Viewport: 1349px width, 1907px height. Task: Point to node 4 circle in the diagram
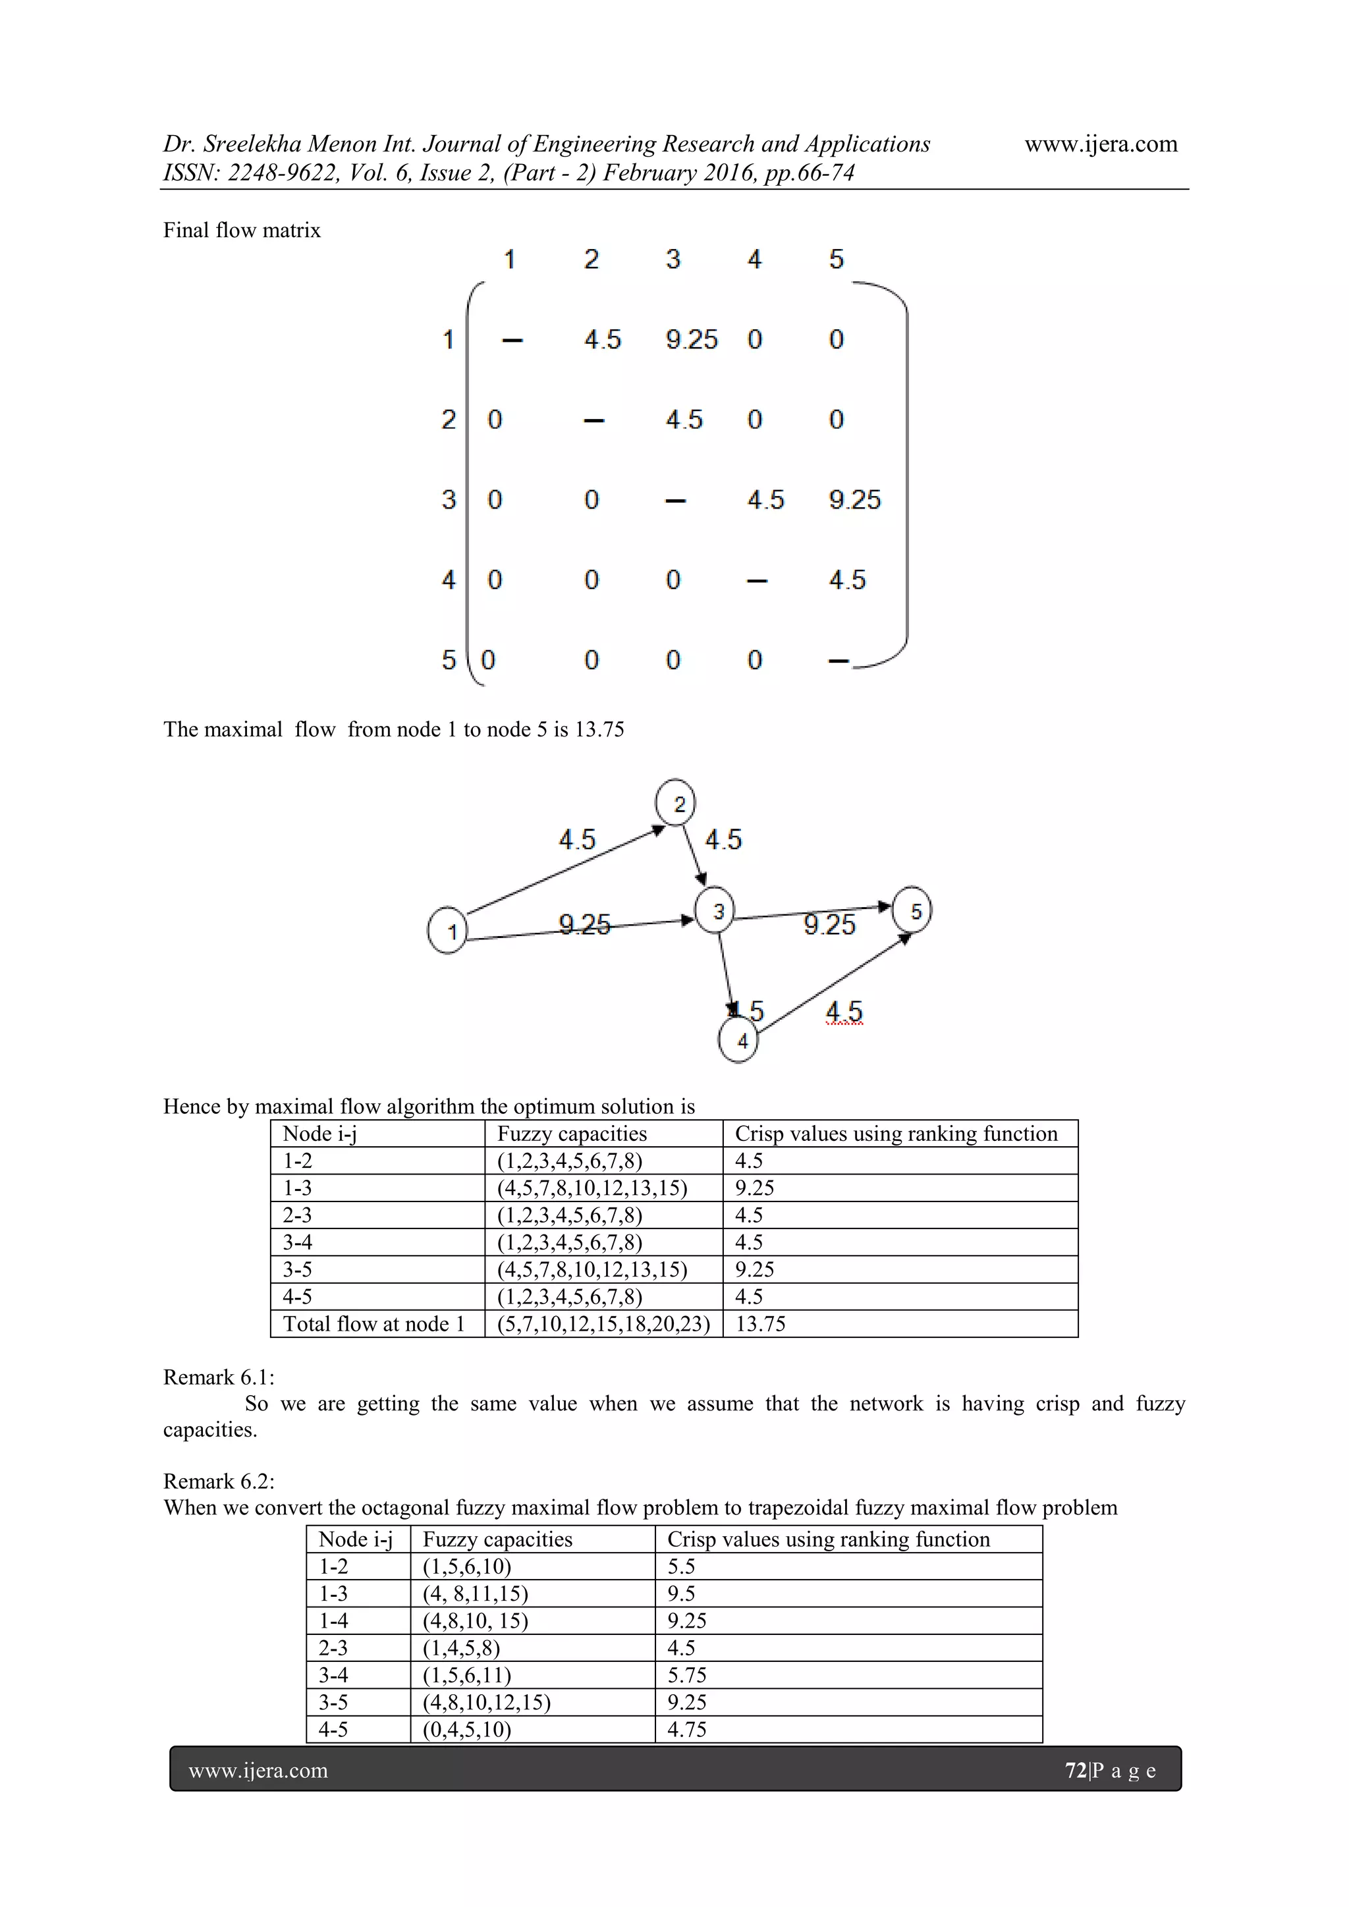pyautogui.click(x=738, y=1041)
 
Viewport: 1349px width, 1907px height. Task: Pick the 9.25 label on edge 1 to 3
pyautogui.click(x=584, y=924)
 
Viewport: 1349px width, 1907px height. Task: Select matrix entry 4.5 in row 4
pyautogui.click(x=846, y=579)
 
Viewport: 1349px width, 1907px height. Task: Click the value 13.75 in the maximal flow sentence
pyautogui.click(x=599, y=729)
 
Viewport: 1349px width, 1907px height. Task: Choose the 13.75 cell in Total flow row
pyautogui.click(x=760, y=1324)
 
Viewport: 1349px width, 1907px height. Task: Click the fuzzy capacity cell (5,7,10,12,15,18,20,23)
pyautogui.click(x=603, y=1324)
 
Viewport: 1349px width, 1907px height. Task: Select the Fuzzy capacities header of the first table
pyautogui.click(x=572, y=1134)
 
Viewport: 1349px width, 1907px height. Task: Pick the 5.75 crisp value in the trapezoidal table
pyautogui.click(x=687, y=1675)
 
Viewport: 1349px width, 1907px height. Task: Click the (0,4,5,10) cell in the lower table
pyautogui.click(x=467, y=1729)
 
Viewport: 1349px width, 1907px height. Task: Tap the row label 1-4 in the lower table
pyautogui.click(x=333, y=1620)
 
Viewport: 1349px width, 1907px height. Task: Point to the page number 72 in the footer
pyautogui.click(x=1075, y=1770)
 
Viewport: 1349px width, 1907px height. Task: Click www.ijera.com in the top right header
pyautogui.click(x=1101, y=144)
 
